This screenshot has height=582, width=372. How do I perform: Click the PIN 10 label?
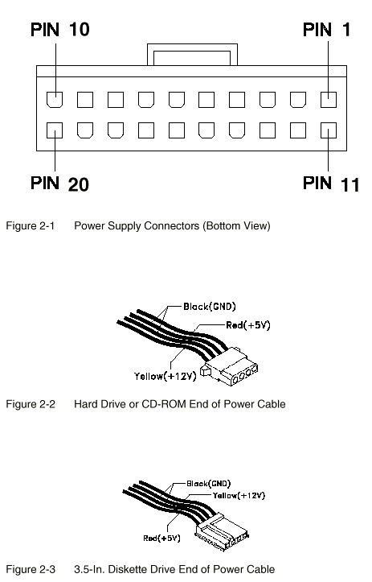click(x=60, y=30)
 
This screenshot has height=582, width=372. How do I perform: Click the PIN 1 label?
click(x=326, y=30)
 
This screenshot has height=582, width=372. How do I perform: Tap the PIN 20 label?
click(x=59, y=184)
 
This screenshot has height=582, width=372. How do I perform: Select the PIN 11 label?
click(x=331, y=184)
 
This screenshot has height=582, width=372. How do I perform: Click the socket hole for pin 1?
click(x=329, y=100)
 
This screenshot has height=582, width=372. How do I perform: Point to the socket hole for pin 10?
click(x=55, y=100)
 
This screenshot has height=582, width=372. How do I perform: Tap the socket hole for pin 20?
click(x=55, y=130)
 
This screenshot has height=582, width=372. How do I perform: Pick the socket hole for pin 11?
click(x=329, y=130)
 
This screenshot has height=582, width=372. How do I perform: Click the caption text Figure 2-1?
click(x=31, y=225)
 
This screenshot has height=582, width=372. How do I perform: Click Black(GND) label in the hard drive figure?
click(x=210, y=307)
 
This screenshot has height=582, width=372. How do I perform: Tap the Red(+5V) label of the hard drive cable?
click(x=248, y=325)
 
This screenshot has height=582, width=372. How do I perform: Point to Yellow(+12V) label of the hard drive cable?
click(x=166, y=377)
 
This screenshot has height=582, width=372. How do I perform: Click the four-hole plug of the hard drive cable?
click(x=230, y=367)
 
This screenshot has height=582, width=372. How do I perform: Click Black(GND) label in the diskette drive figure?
click(x=209, y=484)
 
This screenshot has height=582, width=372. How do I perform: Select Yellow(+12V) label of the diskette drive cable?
click(x=239, y=496)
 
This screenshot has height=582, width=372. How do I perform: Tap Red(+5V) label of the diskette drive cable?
click(x=162, y=539)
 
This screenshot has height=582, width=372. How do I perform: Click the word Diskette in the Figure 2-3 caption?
click(x=141, y=569)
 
